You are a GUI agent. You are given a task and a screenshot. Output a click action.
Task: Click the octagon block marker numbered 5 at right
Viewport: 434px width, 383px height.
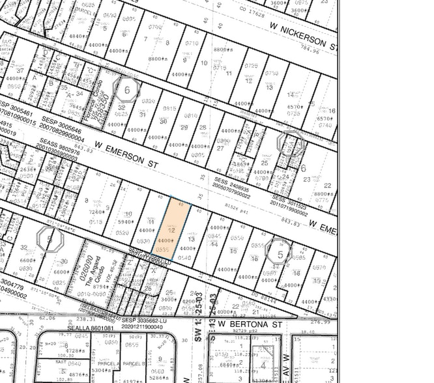pyautogui.click(x=280, y=254)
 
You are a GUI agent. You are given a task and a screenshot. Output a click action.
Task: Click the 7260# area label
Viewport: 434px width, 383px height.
pyautogui.click(x=96, y=212)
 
